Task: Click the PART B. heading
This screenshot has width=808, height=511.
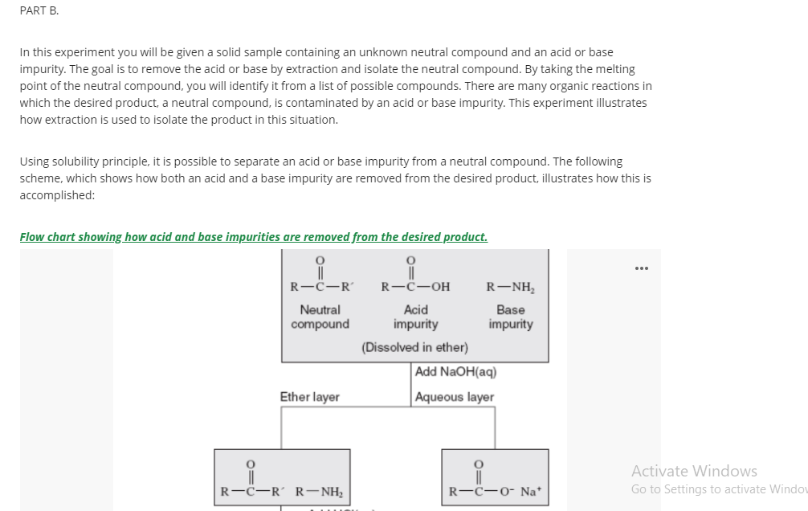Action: point(39,10)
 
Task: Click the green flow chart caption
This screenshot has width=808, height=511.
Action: point(254,237)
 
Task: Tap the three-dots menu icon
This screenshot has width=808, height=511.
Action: point(642,268)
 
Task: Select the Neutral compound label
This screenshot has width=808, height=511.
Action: point(320,317)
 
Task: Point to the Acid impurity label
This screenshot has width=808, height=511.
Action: point(415,317)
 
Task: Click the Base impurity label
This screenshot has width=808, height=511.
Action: point(511,317)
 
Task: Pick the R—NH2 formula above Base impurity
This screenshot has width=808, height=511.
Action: point(510,287)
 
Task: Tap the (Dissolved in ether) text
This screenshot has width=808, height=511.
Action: point(414,347)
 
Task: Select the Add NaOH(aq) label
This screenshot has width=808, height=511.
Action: point(455,372)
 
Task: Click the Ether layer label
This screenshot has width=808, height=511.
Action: point(310,397)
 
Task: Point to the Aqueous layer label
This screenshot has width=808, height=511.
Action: point(455,397)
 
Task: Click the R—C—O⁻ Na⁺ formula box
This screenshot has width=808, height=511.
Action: point(496,477)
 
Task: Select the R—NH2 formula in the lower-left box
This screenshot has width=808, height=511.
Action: point(319,492)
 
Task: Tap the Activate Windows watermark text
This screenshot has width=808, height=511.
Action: point(694,471)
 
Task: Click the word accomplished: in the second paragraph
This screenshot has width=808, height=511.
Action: point(57,195)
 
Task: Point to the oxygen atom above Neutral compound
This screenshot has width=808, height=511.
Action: point(320,260)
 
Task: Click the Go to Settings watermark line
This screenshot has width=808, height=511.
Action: point(720,489)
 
